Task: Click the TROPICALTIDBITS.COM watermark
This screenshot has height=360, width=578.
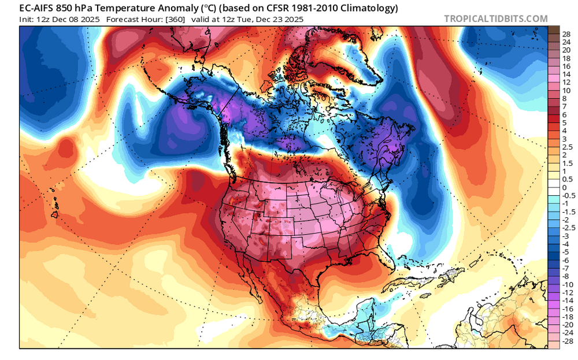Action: (496, 18)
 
